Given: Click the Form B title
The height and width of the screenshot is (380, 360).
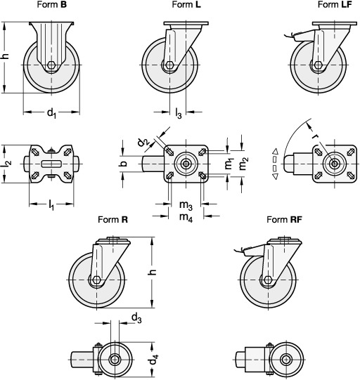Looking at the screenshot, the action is (51, 4).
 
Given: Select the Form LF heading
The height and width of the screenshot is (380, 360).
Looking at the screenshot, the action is (335, 4).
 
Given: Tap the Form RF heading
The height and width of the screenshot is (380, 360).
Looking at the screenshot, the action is (284, 220).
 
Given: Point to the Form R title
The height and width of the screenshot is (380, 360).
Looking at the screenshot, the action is (112, 220).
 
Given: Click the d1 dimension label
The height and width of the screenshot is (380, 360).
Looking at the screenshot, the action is (51, 113).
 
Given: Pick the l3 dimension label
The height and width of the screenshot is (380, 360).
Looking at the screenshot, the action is (179, 113).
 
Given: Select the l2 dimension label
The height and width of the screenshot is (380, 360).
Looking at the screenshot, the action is (6, 164).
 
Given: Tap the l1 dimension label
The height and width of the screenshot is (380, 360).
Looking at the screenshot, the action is (51, 205).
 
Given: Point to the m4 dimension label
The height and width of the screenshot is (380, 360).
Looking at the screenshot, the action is (186, 217).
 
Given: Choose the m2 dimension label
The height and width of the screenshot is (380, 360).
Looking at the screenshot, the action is (243, 164).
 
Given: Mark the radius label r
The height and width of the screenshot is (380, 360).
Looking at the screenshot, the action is (316, 136).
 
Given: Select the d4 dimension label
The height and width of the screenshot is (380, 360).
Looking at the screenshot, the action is (153, 359).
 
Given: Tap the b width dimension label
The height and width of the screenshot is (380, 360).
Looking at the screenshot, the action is (124, 164).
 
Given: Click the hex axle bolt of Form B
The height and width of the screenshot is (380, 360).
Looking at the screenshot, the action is (51, 65).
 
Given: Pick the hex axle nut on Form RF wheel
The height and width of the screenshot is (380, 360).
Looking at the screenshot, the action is (268, 280).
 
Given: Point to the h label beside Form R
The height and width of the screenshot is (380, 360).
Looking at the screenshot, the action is (152, 272).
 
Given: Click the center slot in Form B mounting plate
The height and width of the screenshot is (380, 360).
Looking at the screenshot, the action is (51, 164).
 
